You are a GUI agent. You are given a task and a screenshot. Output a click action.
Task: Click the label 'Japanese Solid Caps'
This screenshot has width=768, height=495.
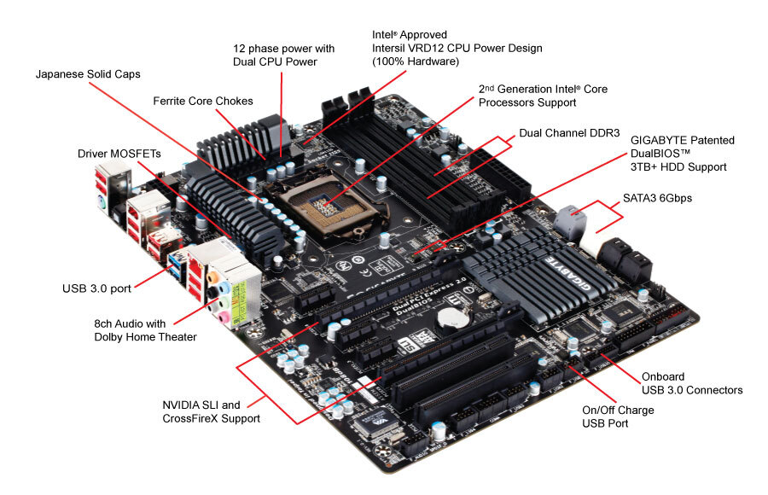click(x=88, y=74)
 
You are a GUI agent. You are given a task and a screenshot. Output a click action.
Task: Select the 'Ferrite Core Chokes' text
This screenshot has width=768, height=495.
click(x=203, y=101)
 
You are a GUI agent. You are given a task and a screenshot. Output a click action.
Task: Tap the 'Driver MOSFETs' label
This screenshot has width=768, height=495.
click(x=119, y=153)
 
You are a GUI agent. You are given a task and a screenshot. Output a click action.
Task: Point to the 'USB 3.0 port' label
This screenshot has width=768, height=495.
click(x=96, y=288)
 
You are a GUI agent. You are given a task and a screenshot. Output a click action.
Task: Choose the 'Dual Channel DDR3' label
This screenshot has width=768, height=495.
click(x=567, y=134)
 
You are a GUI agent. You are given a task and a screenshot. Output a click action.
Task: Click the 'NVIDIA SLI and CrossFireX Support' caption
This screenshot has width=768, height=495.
click(x=212, y=411)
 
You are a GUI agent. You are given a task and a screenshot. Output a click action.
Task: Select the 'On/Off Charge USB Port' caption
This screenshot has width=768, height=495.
click(x=618, y=416)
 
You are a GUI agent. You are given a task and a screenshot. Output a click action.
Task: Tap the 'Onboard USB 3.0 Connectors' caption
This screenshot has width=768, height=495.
click(x=691, y=383)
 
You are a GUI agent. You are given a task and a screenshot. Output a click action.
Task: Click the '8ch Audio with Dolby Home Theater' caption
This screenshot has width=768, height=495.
click(x=145, y=330)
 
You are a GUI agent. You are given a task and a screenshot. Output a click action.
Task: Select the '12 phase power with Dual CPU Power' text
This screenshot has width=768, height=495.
click(x=283, y=55)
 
